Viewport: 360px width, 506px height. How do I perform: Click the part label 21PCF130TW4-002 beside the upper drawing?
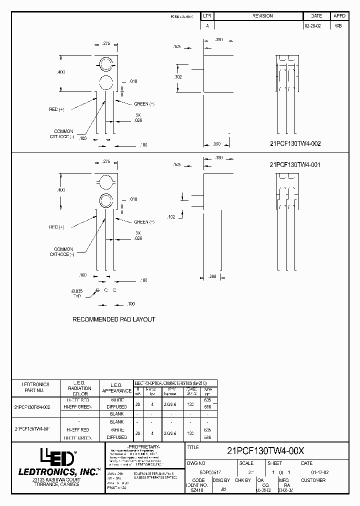point(294,143)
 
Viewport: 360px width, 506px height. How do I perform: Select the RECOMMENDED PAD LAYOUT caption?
point(114,319)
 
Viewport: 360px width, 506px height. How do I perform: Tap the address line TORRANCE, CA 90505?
point(55,485)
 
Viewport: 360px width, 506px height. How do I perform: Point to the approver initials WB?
point(338,25)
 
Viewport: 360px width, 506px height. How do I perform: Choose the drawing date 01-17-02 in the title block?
point(319,470)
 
